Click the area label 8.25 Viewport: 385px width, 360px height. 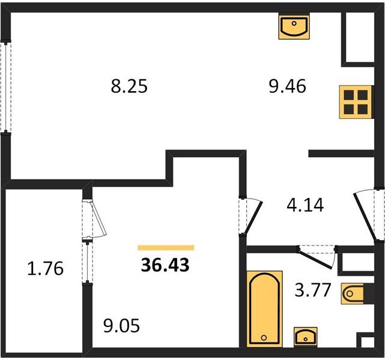pyautogui.click(x=129, y=86)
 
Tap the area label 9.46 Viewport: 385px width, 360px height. pyautogui.click(x=287, y=86)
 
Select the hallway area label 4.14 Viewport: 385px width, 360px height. pyautogui.click(x=305, y=205)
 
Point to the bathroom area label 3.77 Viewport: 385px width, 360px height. pyautogui.click(x=312, y=290)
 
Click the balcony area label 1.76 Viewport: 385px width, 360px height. pyautogui.click(x=46, y=268)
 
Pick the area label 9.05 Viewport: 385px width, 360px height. pyautogui.click(x=121, y=326)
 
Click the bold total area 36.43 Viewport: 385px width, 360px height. pyautogui.click(x=165, y=265)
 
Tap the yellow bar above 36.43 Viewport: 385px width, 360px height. pyautogui.click(x=166, y=248)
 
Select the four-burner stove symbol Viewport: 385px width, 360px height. pyautogui.click(x=356, y=102)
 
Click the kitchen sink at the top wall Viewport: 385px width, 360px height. pyautogui.click(x=294, y=26)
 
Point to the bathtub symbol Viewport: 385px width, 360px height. pyautogui.click(x=264, y=309)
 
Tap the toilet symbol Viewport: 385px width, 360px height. pyautogui.click(x=353, y=293)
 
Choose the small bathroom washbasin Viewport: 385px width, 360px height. pyautogui.click(x=306, y=337)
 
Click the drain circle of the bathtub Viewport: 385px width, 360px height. pyautogui.click(x=264, y=338)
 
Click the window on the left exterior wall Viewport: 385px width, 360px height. pyautogui.click(x=5, y=87)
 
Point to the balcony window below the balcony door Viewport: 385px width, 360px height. pyautogui.click(x=88, y=262)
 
